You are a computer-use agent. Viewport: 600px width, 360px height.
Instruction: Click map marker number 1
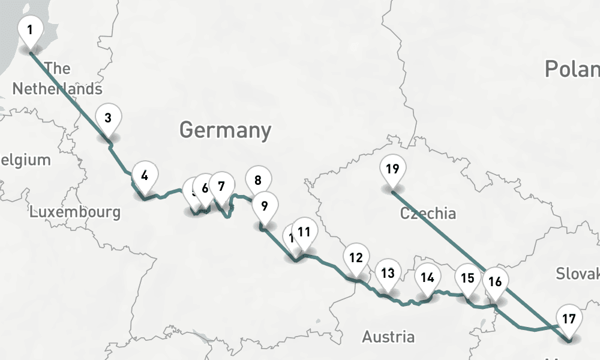pos(30,29)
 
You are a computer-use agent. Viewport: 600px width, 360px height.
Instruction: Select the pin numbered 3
pos(108,118)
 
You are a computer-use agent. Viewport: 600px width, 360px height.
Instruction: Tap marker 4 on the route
pos(145,175)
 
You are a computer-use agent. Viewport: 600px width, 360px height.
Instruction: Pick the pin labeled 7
pos(221,187)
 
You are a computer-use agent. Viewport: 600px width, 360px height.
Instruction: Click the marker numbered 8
pos(258,180)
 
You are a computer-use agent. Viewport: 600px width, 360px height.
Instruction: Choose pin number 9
pos(263,206)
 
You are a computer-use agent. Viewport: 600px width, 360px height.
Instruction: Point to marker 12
pos(356,258)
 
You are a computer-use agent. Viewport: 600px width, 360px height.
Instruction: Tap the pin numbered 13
pos(388,274)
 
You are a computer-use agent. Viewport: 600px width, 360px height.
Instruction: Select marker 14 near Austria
pos(427,278)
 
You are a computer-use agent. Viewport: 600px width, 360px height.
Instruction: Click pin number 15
pos(467,278)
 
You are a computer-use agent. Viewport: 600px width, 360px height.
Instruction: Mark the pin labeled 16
pos(495,281)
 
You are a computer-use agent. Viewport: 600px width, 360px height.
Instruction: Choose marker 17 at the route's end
pos(569,319)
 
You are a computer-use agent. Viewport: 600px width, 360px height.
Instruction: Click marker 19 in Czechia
pos(392,169)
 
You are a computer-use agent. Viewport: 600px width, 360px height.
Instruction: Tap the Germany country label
pos(225,130)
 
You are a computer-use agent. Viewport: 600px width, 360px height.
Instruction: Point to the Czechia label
pos(428,213)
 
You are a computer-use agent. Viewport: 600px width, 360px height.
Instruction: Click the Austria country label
pos(388,337)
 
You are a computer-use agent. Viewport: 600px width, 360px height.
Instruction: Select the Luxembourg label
pos(75,212)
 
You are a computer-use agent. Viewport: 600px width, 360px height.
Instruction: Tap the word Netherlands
pos(57,89)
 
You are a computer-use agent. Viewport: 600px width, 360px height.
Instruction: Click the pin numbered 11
pos(304,232)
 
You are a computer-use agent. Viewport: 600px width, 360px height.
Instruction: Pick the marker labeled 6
pos(205,188)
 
